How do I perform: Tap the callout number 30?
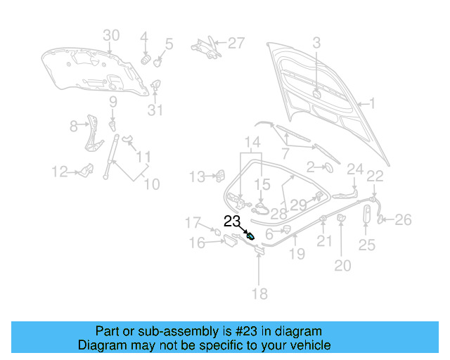pyautogui.click(x=112, y=36)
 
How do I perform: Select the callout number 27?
pyautogui.click(x=236, y=44)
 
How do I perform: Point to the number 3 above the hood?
pyautogui.click(x=316, y=43)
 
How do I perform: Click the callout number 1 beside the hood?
pyautogui.click(x=373, y=104)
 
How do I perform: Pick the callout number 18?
pyautogui.click(x=259, y=294)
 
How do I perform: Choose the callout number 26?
pyautogui.click(x=402, y=221)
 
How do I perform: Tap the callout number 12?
pyautogui.click(x=59, y=171)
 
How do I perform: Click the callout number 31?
pyautogui.click(x=155, y=110)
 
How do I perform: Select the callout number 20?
pyautogui.click(x=342, y=265)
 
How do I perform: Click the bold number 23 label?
pyautogui.click(x=233, y=221)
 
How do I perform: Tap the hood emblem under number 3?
pyautogui.click(x=316, y=94)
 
